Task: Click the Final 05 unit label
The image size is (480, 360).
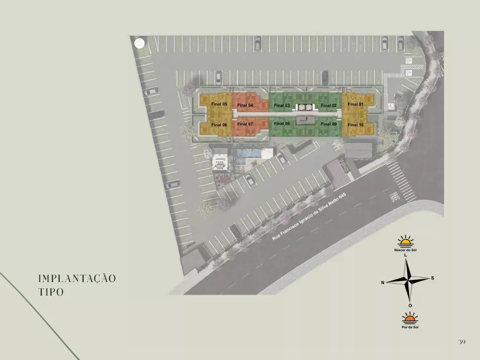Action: [219, 104]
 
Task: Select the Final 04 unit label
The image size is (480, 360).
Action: [245, 105]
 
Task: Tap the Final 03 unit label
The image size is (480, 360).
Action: [282, 105]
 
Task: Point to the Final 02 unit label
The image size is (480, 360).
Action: [329, 105]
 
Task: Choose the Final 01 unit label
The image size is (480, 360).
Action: [356, 104]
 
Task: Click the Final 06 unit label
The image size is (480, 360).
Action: [219, 125]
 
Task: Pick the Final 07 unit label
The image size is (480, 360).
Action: [245, 124]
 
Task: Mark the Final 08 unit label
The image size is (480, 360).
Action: [282, 123]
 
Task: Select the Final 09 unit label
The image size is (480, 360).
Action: [329, 124]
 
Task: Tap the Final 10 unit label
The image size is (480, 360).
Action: [356, 125]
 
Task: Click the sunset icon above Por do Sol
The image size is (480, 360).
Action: [409, 318]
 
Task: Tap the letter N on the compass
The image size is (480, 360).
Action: [383, 282]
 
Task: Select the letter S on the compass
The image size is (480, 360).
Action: [432, 278]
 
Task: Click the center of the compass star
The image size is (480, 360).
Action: [408, 280]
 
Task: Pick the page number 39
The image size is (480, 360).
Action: [462, 341]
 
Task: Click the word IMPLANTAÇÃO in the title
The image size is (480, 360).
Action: [77, 279]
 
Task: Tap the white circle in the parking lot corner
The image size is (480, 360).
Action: [139, 43]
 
